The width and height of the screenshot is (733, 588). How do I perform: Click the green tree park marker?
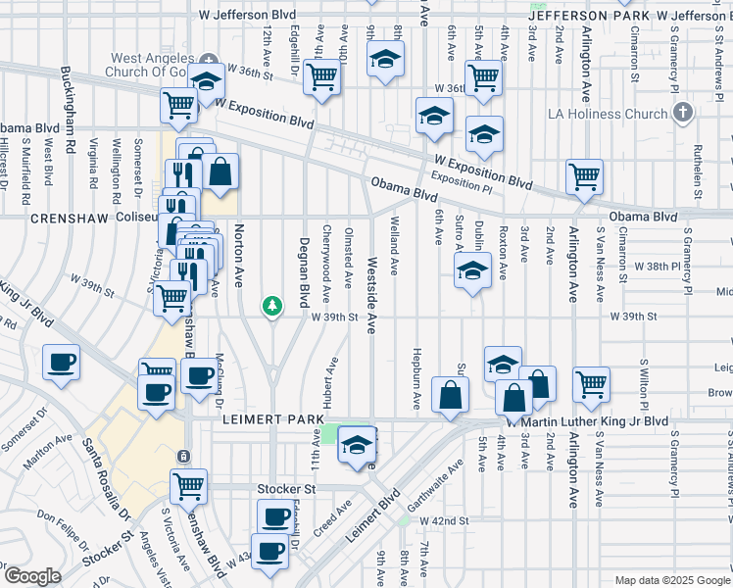272,307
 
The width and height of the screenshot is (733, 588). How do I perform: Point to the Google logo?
31,576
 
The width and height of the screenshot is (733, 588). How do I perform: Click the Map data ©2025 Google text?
672,579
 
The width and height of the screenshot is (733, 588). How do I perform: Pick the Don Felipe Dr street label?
63,525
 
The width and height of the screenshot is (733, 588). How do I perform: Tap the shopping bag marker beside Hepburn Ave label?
450,396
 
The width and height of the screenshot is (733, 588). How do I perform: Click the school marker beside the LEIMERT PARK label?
357,447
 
